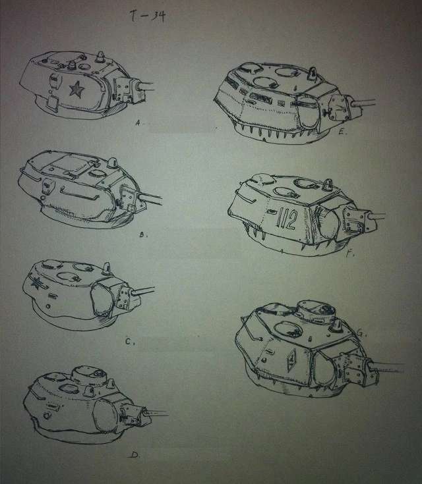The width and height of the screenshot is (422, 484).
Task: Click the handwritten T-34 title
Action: coord(148,16)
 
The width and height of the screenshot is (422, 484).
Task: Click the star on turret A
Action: coord(76,90)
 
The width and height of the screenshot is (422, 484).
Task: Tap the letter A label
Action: coord(138,123)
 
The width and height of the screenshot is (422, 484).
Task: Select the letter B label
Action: coord(142,234)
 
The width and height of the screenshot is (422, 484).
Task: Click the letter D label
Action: coord(135,454)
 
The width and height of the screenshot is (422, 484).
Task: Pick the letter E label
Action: coord(342,132)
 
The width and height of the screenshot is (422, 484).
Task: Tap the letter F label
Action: coord(349,254)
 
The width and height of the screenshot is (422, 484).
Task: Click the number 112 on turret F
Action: coord(287,219)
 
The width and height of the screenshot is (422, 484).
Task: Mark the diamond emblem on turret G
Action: coord(291,360)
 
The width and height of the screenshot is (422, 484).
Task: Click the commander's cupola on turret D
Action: coord(89,375)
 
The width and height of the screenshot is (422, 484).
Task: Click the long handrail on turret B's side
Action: coord(79,194)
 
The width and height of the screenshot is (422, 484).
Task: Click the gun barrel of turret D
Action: coord(157,413)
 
